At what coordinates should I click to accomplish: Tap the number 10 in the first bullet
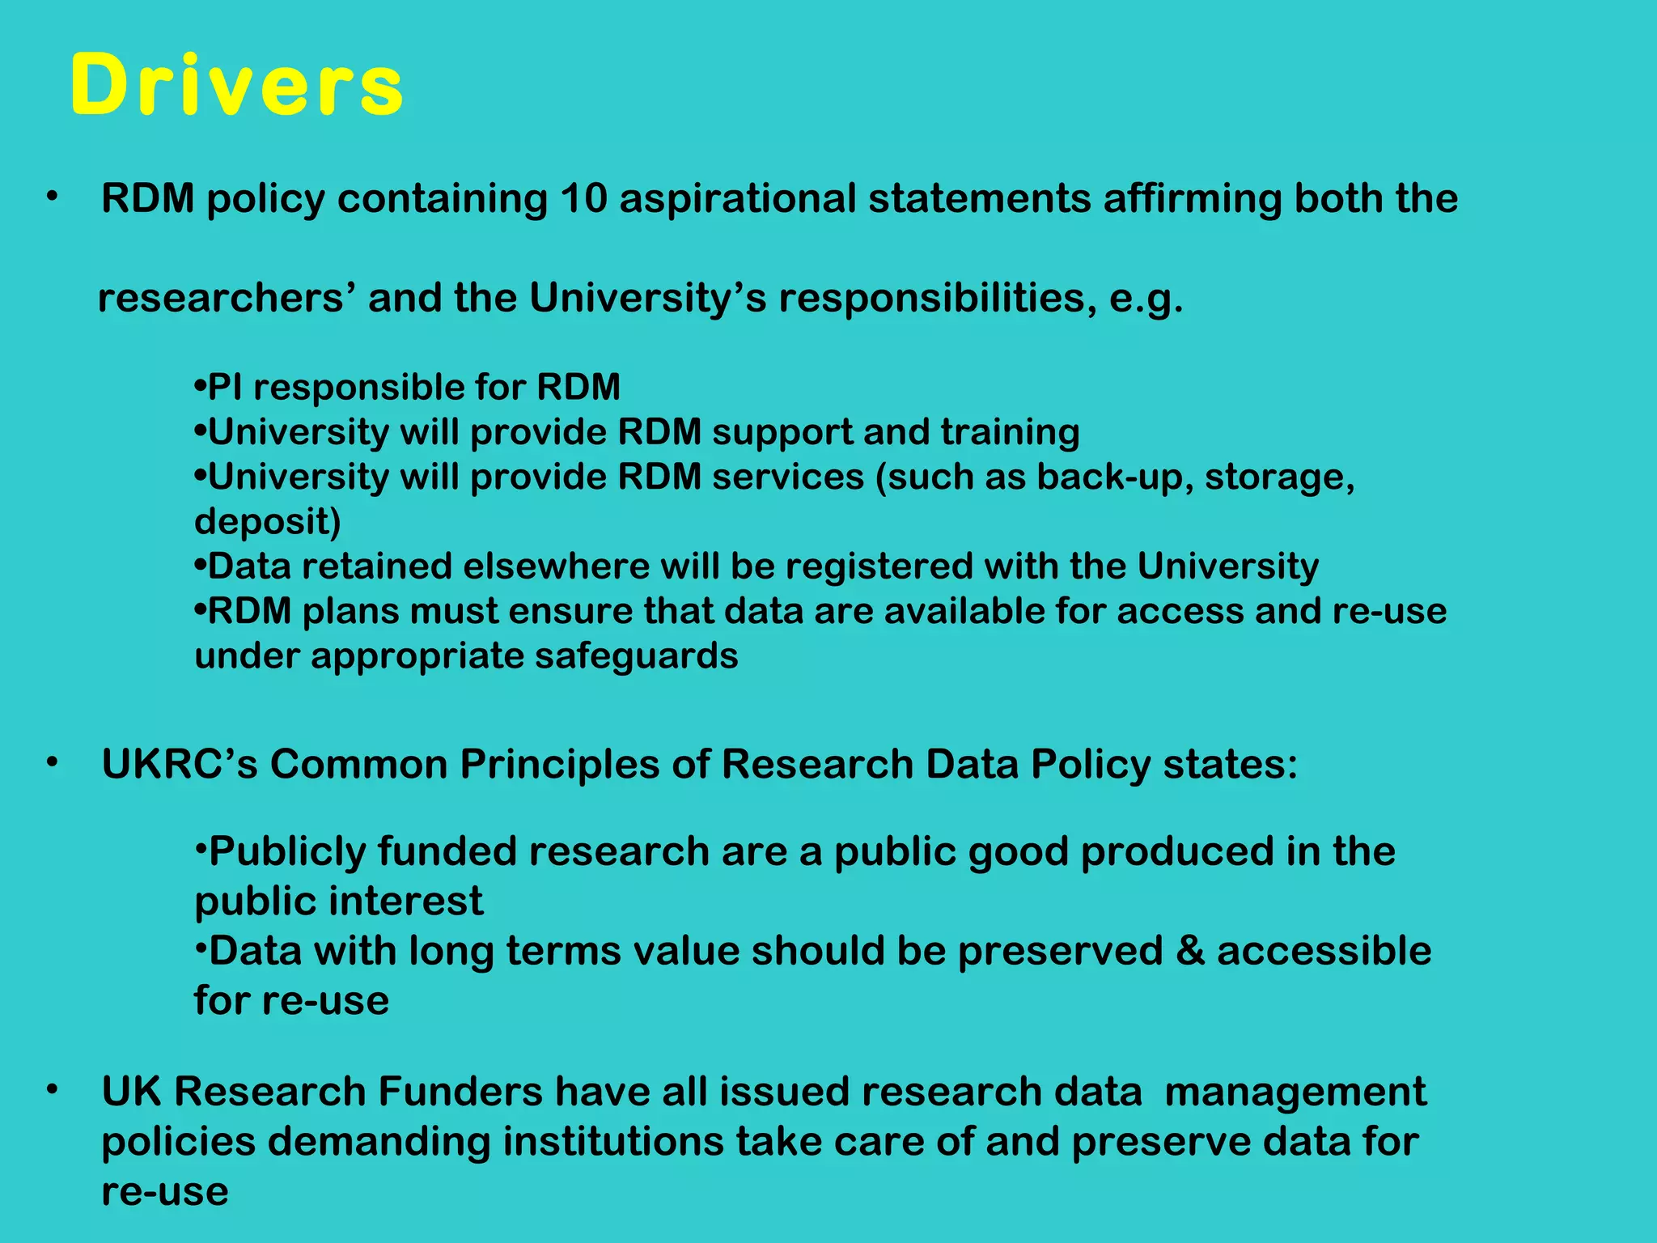click(x=583, y=199)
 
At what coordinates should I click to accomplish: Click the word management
click(x=1295, y=1092)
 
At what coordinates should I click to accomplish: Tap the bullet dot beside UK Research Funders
click(x=53, y=1090)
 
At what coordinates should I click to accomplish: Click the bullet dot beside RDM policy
click(x=53, y=197)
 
